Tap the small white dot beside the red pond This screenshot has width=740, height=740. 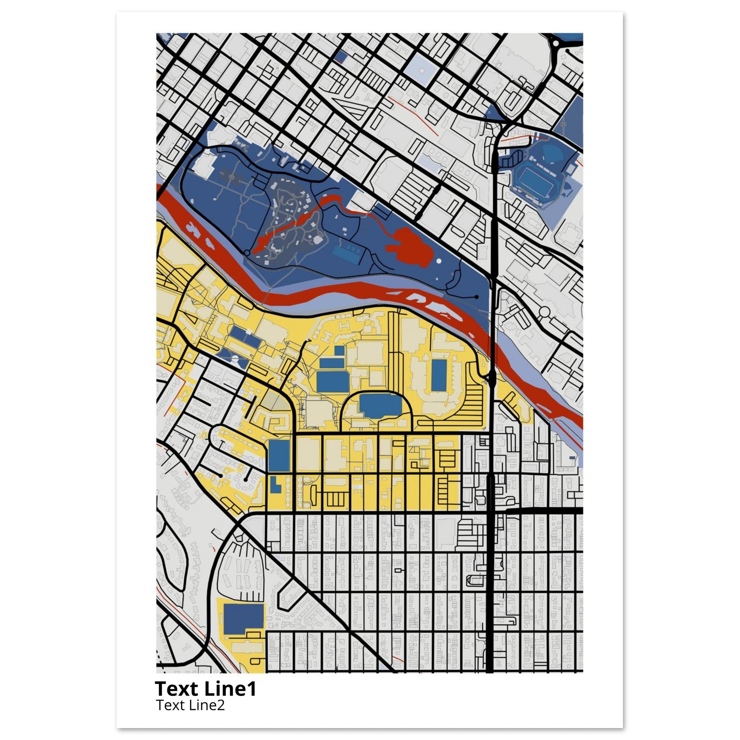click(439, 261)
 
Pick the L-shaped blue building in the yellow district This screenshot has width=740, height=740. click(275, 485)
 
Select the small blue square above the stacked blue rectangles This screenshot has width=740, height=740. click(339, 350)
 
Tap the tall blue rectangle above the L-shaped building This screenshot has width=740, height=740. click(279, 455)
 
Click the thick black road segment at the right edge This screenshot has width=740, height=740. click(544, 511)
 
